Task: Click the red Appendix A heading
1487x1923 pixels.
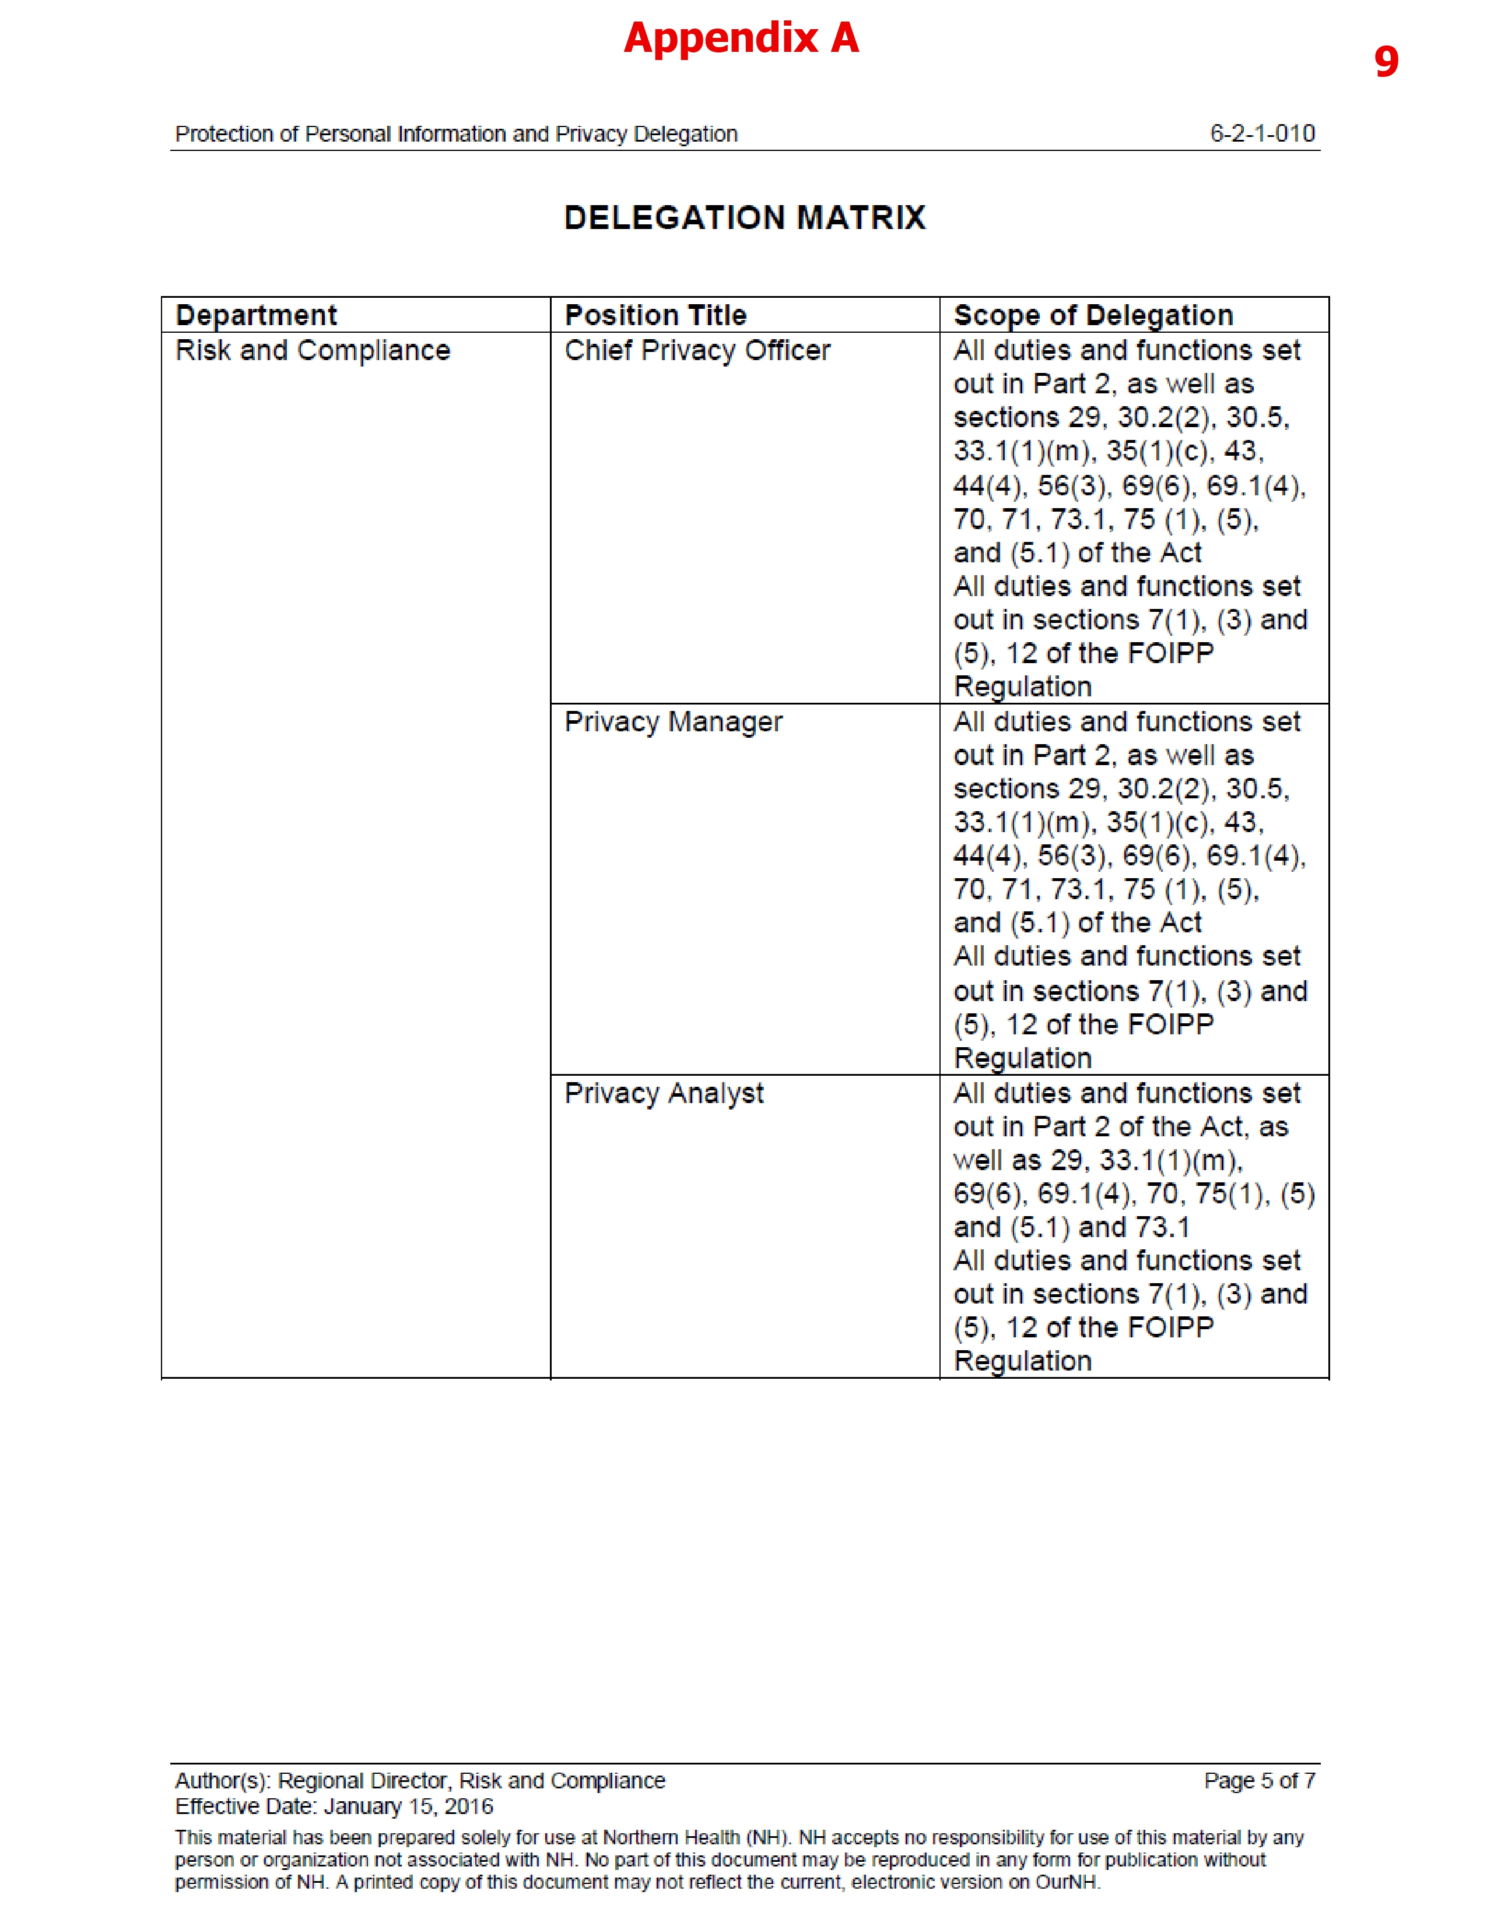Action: pyautogui.click(x=741, y=38)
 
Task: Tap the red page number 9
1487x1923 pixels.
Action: pyautogui.click(x=1386, y=62)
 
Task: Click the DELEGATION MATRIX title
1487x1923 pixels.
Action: pyautogui.click(x=745, y=217)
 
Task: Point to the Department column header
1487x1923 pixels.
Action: pyautogui.click(x=257, y=315)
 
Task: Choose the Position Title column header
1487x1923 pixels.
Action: pyautogui.click(x=655, y=315)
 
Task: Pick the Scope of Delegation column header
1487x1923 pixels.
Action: pyautogui.click(x=1093, y=315)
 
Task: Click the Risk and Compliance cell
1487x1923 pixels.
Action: pyautogui.click(x=313, y=350)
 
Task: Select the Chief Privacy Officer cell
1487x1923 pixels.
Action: pyautogui.click(x=697, y=350)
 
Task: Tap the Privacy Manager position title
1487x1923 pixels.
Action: pyautogui.click(x=673, y=722)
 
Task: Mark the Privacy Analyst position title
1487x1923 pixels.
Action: pyautogui.click(x=664, y=1094)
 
